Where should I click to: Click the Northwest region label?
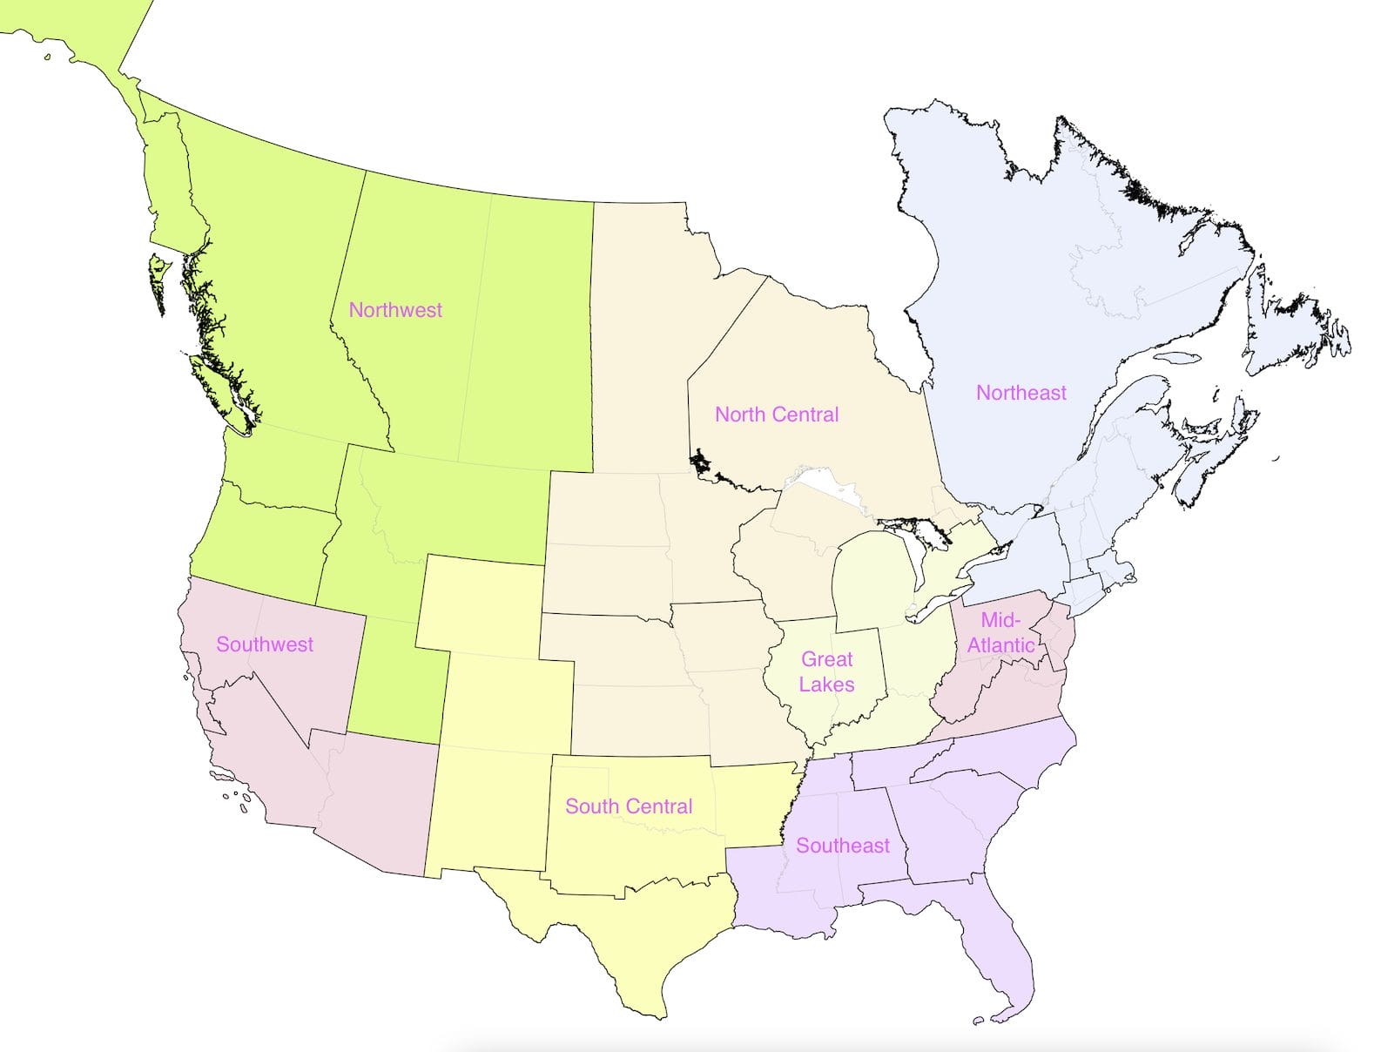tap(395, 310)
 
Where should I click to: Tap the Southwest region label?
tap(265, 644)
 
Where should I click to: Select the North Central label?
tap(777, 415)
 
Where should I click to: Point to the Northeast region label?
tap(1020, 393)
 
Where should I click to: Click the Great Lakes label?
tap(826, 671)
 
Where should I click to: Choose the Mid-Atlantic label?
tap(1000, 632)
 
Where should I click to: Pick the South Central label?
tap(629, 806)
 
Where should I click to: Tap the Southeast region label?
tap(843, 846)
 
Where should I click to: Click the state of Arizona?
tap(374, 801)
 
